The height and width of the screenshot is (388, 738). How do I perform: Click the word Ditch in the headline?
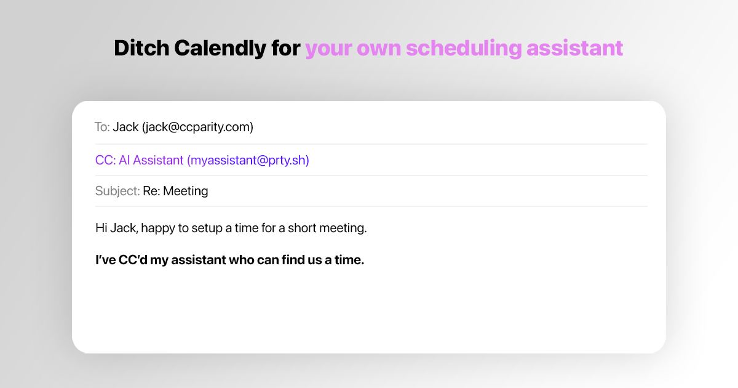coord(141,48)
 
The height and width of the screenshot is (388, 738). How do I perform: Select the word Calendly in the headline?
coord(220,48)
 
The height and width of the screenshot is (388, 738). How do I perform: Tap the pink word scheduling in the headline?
coord(464,49)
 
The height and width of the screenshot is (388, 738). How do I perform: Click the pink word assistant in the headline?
coord(575,48)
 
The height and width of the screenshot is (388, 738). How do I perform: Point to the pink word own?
coord(379,50)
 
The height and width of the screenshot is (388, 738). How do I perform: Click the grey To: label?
coord(102,127)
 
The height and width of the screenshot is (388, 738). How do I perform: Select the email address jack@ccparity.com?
coord(197,127)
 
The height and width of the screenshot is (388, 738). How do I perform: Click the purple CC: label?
coord(105,160)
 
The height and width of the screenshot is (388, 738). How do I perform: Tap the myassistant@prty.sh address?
coord(248,160)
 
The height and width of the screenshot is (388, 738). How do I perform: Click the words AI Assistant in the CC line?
coord(151,160)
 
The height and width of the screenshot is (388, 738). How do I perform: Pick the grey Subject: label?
coord(117,191)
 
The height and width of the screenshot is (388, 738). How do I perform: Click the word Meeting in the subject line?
coord(186,191)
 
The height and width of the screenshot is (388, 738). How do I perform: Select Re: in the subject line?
coord(151,191)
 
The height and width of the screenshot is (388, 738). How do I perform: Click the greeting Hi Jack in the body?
coord(117,228)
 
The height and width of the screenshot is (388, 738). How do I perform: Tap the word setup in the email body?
coord(207,228)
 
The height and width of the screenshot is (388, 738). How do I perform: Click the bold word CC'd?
coord(133,260)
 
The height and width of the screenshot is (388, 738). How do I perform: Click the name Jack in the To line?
coord(125,127)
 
